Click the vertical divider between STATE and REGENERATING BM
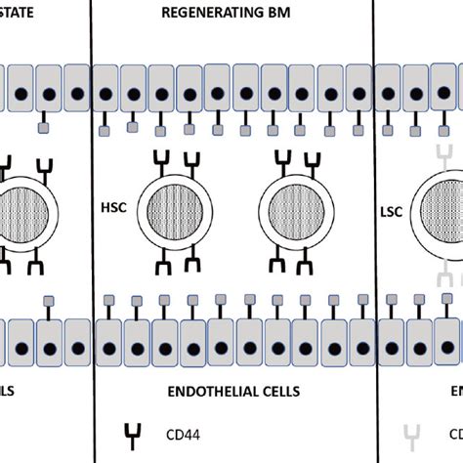tap(91, 195)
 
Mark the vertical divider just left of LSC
tap(374, 195)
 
